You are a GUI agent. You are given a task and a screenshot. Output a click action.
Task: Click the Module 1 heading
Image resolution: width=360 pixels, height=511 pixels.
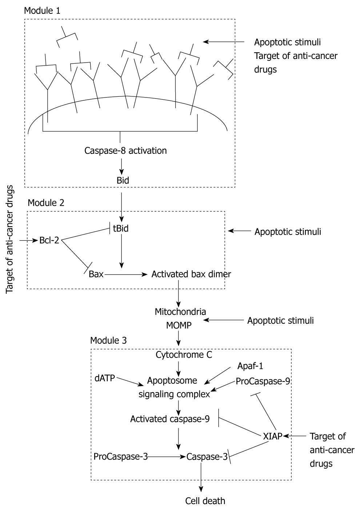[x=42, y=11]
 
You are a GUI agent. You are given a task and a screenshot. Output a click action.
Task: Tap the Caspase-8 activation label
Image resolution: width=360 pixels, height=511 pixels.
[x=125, y=151]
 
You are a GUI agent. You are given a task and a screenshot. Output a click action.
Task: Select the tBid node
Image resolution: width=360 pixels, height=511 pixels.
[x=121, y=228]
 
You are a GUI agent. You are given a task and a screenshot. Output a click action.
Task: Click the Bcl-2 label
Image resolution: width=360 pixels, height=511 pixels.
[x=49, y=240]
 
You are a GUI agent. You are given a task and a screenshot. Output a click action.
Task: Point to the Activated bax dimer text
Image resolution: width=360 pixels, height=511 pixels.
[x=191, y=274]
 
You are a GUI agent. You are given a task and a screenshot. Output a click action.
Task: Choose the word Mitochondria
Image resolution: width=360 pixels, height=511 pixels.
[x=180, y=312]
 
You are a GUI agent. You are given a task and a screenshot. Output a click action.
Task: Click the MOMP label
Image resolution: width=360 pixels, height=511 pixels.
[x=179, y=325]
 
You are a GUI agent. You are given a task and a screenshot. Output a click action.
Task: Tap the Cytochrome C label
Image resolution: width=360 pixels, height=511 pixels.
[x=184, y=355]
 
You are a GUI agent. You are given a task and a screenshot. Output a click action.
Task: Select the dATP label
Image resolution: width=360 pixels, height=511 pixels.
[x=105, y=378]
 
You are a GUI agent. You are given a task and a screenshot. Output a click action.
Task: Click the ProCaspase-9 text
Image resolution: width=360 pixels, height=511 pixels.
[x=263, y=381]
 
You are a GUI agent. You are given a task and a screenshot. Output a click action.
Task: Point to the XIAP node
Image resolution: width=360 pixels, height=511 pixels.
[x=273, y=436]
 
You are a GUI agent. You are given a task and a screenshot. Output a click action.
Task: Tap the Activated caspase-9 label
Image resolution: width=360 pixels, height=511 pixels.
[x=170, y=419]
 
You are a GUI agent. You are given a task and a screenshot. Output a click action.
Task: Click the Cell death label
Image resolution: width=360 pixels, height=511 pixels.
[x=205, y=501]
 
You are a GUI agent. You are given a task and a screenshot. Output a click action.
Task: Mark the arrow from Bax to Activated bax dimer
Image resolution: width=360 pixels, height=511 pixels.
[x=126, y=275]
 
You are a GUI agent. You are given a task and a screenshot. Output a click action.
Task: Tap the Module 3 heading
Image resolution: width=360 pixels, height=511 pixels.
[x=108, y=340]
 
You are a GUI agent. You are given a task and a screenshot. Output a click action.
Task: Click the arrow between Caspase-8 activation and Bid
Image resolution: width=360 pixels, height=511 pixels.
[x=121, y=167]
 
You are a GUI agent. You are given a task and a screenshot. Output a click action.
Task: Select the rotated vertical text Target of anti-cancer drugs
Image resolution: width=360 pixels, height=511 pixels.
[x=9, y=240]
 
